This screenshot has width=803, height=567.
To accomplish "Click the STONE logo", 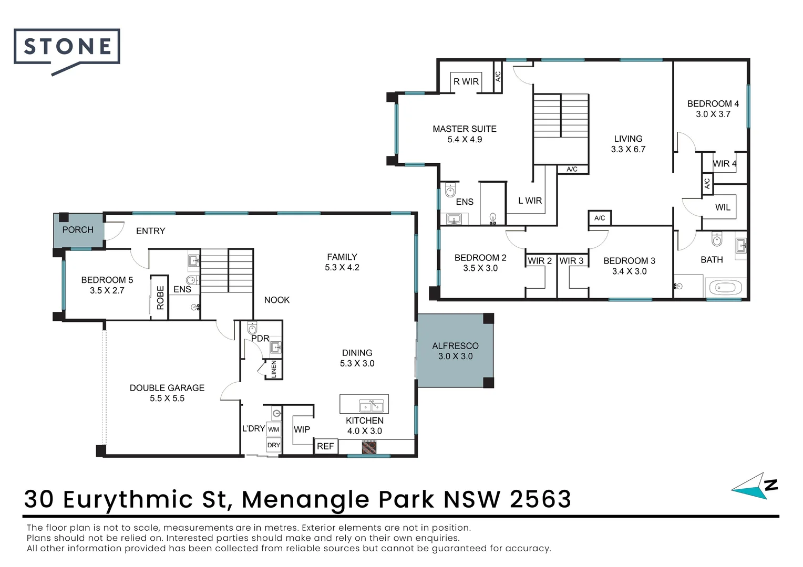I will [67, 47].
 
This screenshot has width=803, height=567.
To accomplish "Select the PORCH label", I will [78, 230].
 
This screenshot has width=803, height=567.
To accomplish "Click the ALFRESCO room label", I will [455, 346].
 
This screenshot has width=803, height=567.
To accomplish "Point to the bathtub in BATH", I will [725, 288].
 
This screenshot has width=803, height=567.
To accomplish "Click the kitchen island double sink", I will [371, 406].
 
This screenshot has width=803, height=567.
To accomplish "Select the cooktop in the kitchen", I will [369, 447].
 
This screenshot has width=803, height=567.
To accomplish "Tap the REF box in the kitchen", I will [325, 446].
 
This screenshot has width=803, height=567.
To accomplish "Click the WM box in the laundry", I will [274, 429].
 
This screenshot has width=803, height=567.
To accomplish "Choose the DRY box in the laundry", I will [274, 445].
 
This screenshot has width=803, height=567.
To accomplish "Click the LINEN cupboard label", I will [274, 369].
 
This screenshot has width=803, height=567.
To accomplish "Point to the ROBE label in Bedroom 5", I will [160, 298].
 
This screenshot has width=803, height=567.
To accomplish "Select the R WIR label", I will [466, 82].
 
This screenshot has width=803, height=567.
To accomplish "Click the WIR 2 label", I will [540, 261].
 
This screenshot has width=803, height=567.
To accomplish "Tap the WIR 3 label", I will [571, 261].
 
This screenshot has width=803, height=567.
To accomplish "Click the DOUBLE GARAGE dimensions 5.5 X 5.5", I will [167, 398].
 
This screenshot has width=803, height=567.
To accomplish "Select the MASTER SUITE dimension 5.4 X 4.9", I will [465, 140].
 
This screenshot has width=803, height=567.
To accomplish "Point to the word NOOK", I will [277, 300].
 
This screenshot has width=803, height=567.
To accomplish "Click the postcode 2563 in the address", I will [540, 499].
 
